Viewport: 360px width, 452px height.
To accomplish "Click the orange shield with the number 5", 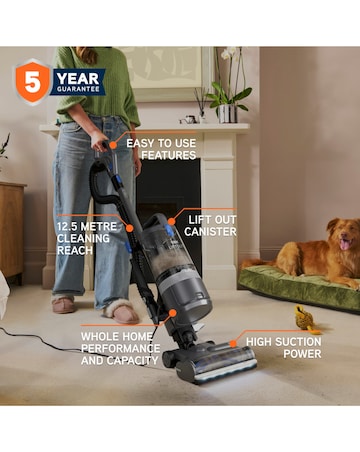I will [32, 82].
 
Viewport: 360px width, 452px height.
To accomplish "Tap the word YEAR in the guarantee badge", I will [79, 75].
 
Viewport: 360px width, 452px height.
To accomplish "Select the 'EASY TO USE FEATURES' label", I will [168, 149].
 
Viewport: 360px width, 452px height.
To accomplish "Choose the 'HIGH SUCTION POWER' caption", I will [284, 348].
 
